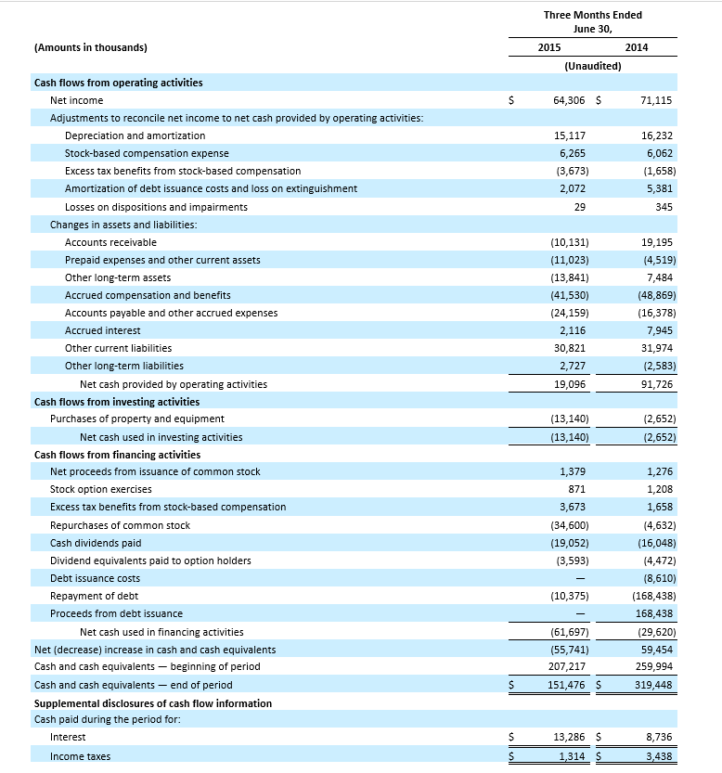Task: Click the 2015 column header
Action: [548, 47]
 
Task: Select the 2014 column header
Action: [637, 47]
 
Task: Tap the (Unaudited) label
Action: [592, 66]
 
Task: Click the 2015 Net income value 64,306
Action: [570, 100]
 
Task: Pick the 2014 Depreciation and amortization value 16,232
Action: [657, 135]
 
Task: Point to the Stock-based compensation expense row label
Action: [147, 153]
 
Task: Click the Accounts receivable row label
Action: [110, 242]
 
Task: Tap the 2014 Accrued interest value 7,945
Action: [660, 330]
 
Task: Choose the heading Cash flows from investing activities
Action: [116, 402]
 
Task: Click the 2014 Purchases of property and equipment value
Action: [658, 419]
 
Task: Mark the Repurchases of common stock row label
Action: [120, 525]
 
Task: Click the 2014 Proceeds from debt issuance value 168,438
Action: [654, 613]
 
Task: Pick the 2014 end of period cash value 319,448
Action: [654, 685]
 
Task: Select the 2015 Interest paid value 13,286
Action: [569, 737]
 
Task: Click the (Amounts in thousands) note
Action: [90, 47]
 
